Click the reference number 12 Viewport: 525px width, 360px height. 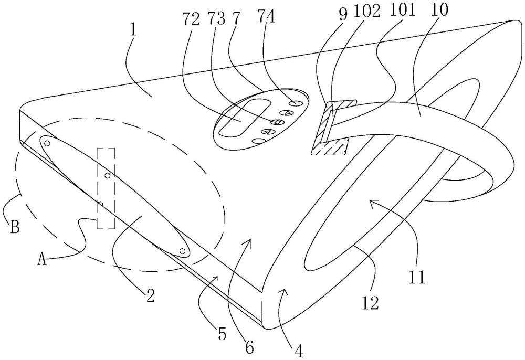point(371,303)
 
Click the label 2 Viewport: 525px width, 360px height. point(150,297)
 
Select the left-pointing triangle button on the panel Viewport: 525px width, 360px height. point(268,132)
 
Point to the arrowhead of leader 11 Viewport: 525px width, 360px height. point(371,202)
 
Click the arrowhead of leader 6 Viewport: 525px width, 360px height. point(249,240)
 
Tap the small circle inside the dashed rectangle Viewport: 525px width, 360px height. point(107,175)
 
